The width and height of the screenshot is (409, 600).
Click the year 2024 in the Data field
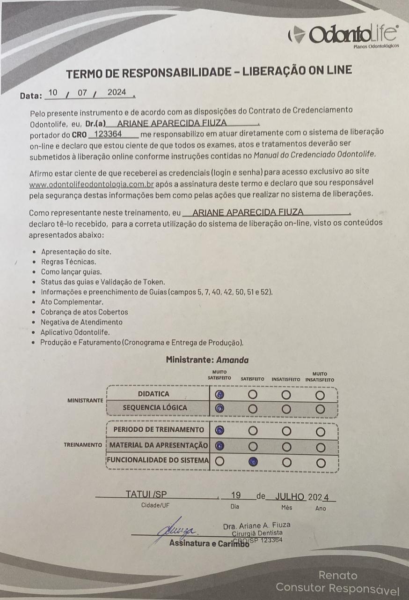pyautogui.click(x=117, y=92)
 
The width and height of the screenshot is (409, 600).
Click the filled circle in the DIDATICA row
pyautogui.click(x=219, y=395)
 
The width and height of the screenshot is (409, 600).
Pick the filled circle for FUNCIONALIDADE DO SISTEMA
pyautogui.click(x=253, y=461)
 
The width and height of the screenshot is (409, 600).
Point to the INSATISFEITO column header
pyautogui.click(x=285, y=379)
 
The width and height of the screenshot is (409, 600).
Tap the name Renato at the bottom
pyautogui.click(x=338, y=575)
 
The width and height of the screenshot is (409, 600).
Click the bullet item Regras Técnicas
pyautogui.click(x=68, y=262)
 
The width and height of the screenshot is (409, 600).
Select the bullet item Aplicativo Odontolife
pyautogui.click(x=75, y=332)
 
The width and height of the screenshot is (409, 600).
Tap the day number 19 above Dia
pyautogui.click(x=236, y=495)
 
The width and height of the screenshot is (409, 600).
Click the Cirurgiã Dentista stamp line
pyautogui.click(x=257, y=533)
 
